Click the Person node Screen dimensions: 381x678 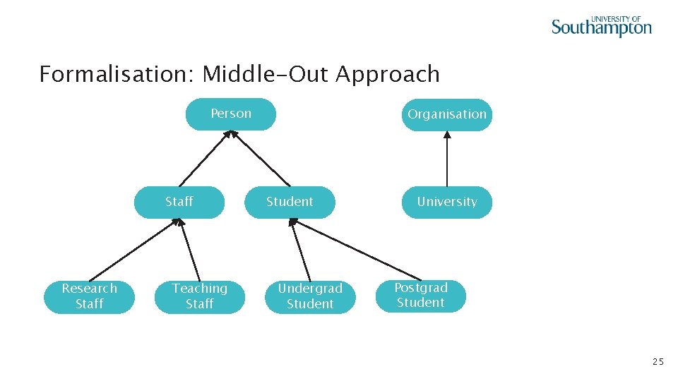coord(231,114)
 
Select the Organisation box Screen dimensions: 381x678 coord(447,115)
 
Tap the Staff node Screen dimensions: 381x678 coord(179,202)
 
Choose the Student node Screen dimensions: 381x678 coord(290,202)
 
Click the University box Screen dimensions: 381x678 coord(447,202)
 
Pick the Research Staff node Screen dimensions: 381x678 coord(90,296)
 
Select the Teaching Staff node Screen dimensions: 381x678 coord(200,296)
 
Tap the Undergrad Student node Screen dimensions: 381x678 coord(310,296)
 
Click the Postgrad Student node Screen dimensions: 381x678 coord(421,296)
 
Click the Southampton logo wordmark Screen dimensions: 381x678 coord(601,28)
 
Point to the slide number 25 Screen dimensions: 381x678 coord(658,362)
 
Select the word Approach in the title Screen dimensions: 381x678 coord(388,74)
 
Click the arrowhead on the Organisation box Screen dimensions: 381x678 coord(447,135)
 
